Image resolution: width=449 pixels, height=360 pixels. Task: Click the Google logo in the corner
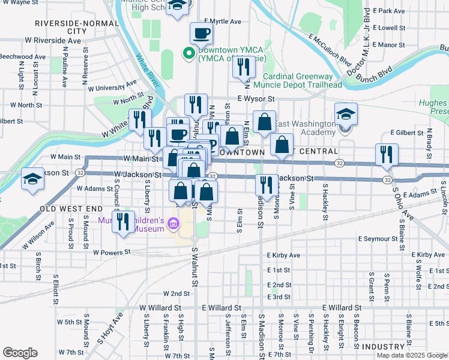click(20, 353)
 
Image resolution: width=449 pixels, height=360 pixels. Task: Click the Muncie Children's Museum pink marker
click(173, 224)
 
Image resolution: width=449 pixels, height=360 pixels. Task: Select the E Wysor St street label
click(255, 98)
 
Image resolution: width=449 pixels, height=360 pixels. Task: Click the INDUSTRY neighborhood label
click(383, 347)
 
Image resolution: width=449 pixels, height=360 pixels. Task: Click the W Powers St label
click(112, 253)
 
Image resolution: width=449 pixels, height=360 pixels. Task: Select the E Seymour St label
click(378, 239)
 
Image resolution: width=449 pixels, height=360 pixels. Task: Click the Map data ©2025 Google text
click(411, 355)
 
